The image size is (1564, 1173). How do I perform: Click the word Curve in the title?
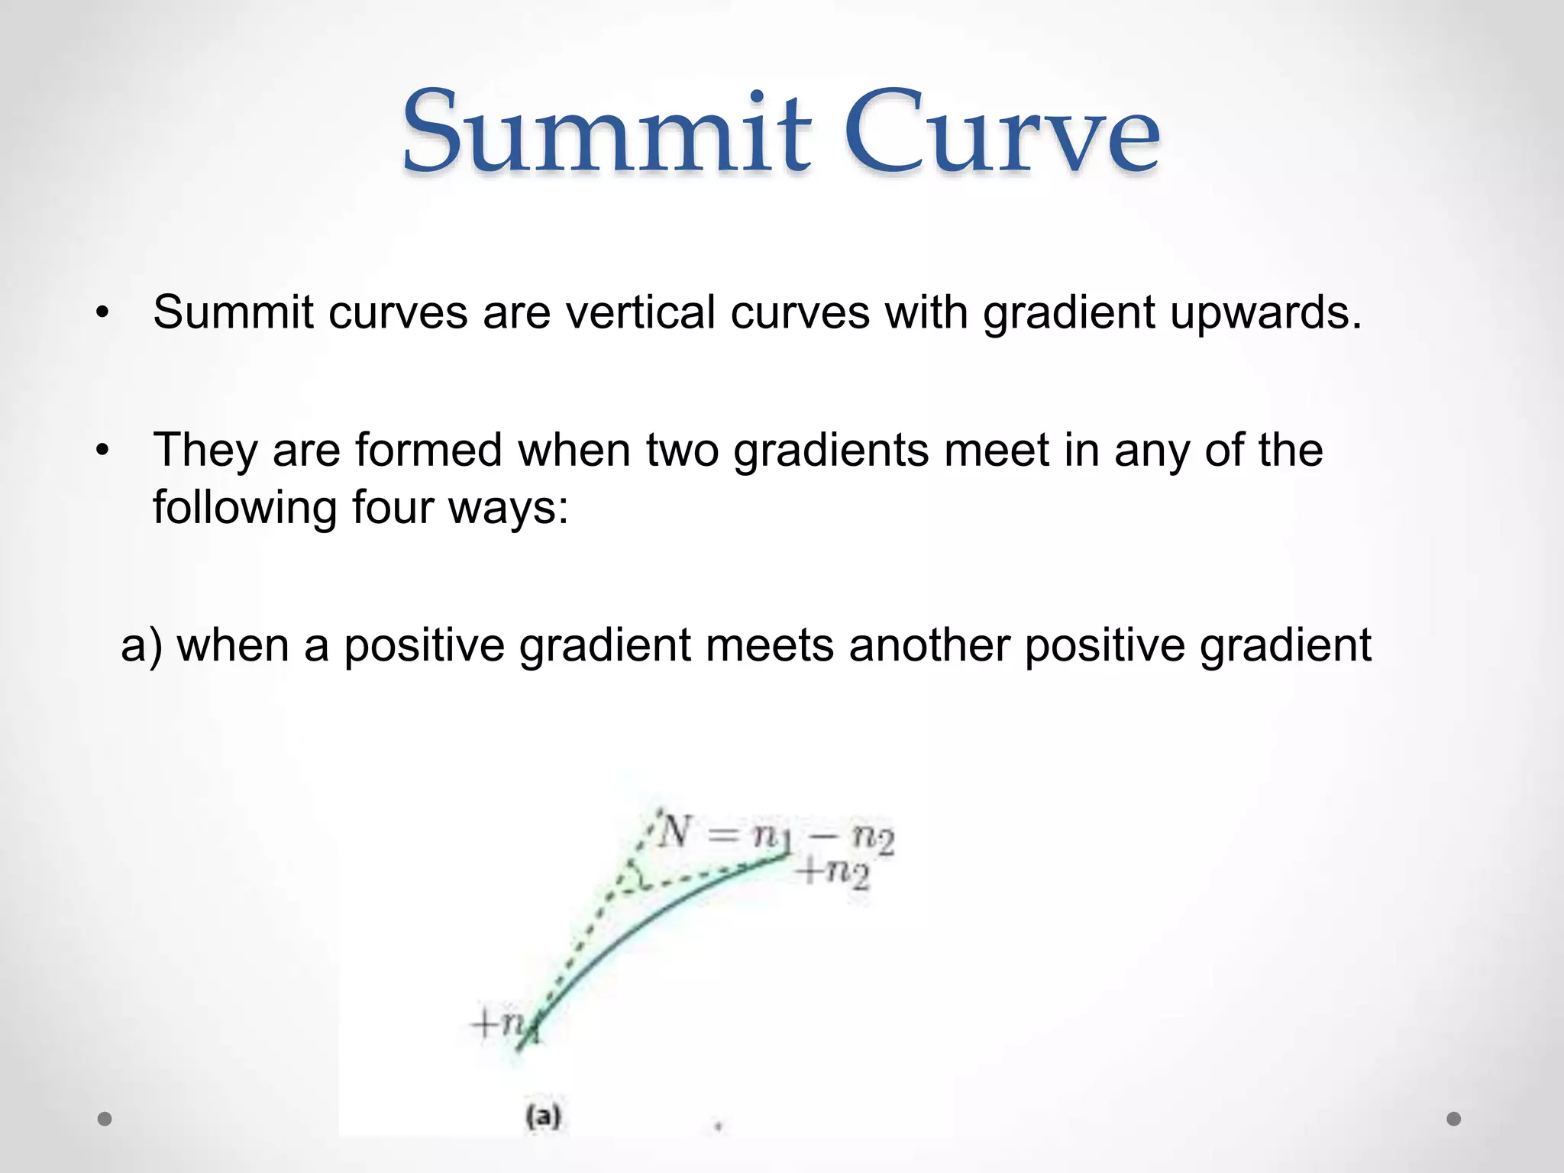point(1002,131)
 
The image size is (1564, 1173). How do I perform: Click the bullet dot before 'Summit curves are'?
point(103,313)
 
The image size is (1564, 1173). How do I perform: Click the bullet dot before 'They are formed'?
point(103,451)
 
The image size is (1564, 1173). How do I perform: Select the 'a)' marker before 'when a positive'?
point(142,645)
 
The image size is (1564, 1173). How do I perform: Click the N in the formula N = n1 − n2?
point(675,832)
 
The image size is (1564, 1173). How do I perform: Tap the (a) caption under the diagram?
point(544,1116)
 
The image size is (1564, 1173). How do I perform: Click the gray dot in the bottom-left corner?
point(105,1119)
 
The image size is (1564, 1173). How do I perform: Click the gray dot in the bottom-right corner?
point(1454,1119)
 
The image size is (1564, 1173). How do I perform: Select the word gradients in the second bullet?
point(832,450)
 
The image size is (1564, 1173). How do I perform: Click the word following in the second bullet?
point(245,507)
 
